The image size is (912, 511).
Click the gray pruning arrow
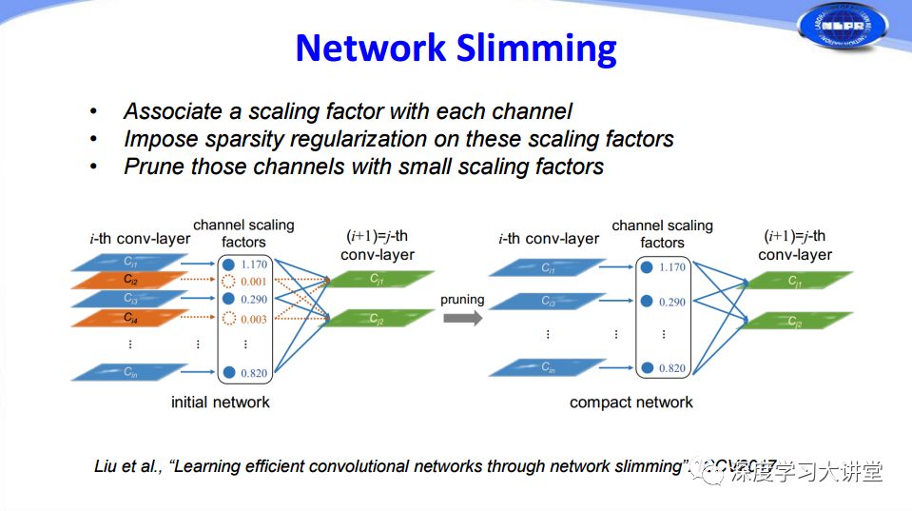coord(462,318)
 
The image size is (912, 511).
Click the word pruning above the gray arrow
coord(462,299)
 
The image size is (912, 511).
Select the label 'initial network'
coord(220,403)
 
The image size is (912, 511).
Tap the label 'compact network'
coord(631,403)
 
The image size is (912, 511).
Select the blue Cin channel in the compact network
coord(549,367)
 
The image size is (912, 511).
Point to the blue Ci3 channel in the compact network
coord(549,302)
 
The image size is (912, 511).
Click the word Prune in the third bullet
coord(153,167)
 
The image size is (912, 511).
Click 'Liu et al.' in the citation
coord(129,467)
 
